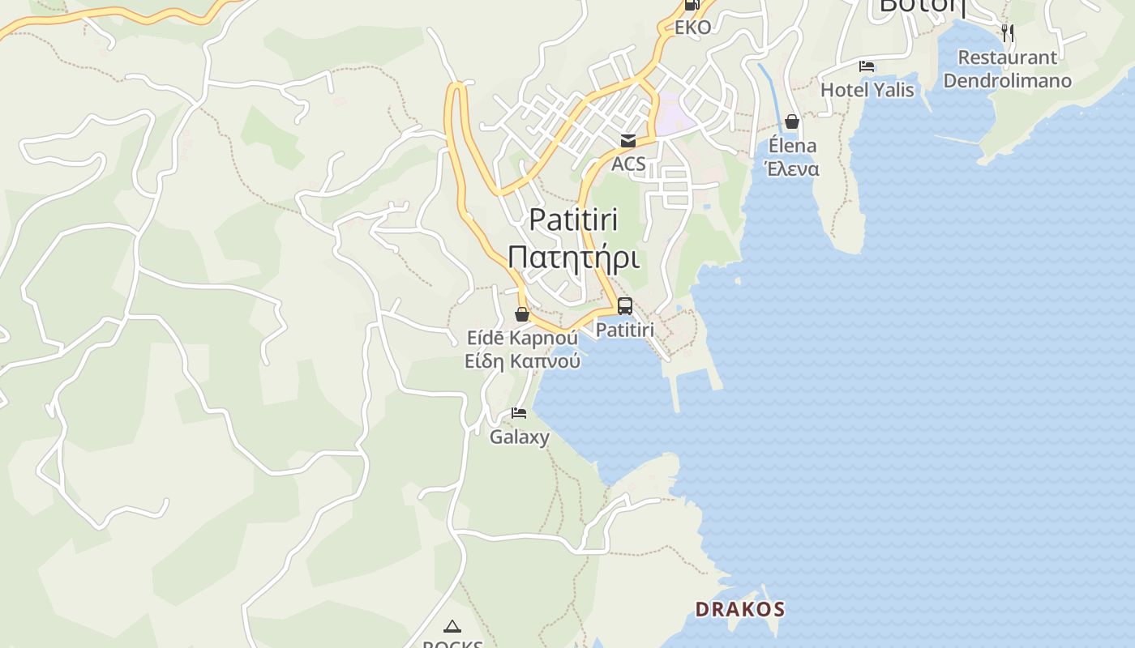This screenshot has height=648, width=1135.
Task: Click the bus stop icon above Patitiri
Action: coord(624,306)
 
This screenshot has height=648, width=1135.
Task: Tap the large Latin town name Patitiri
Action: coord(573,220)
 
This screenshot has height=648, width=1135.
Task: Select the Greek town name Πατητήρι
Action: coord(573,257)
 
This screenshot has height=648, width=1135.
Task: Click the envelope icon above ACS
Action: coord(627,141)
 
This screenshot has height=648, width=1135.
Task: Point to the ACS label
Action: coord(628,164)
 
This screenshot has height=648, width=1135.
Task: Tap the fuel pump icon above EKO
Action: coord(692,5)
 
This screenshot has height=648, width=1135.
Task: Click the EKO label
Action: coord(692,28)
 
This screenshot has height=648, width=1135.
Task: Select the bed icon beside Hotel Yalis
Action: coord(867,66)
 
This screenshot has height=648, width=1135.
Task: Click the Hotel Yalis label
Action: coord(867,90)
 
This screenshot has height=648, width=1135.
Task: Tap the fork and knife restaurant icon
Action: coord(1007,33)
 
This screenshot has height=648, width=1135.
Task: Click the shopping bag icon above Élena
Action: coord(792,122)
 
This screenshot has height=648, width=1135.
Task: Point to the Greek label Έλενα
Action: coord(792,168)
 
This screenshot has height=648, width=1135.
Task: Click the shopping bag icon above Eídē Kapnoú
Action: coord(522,314)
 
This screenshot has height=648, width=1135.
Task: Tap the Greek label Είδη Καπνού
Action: coord(522,361)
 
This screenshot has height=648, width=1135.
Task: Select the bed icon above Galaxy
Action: coord(519,414)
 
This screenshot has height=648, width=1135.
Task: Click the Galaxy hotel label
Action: coord(519,437)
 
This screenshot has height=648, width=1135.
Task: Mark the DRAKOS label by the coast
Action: coord(740,609)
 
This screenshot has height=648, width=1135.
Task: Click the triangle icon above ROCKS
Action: coord(452,625)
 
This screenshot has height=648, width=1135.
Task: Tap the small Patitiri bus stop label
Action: coord(624,330)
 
